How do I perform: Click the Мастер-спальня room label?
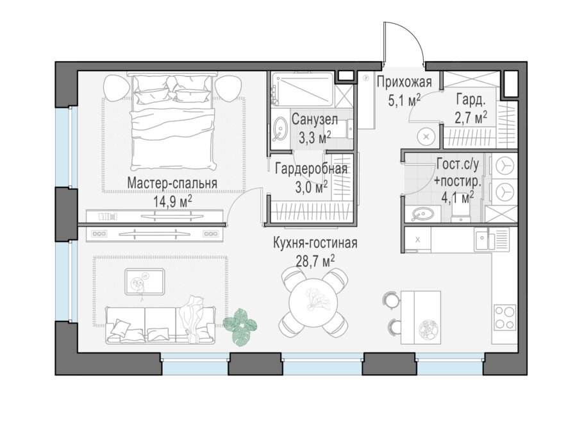(172, 183)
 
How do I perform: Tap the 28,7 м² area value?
(315, 261)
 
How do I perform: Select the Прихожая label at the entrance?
(404, 82)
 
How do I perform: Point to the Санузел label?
(315, 119)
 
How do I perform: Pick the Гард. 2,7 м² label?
(471, 109)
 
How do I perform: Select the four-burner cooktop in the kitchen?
(505, 318)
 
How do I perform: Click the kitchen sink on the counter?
(492, 239)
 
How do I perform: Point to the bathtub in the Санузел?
(302, 89)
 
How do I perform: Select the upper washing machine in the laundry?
(505, 165)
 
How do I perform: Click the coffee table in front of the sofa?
(144, 282)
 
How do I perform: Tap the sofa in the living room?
(160, 325)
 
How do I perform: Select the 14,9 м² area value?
(173, 202)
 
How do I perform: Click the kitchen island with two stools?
(413, 318)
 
